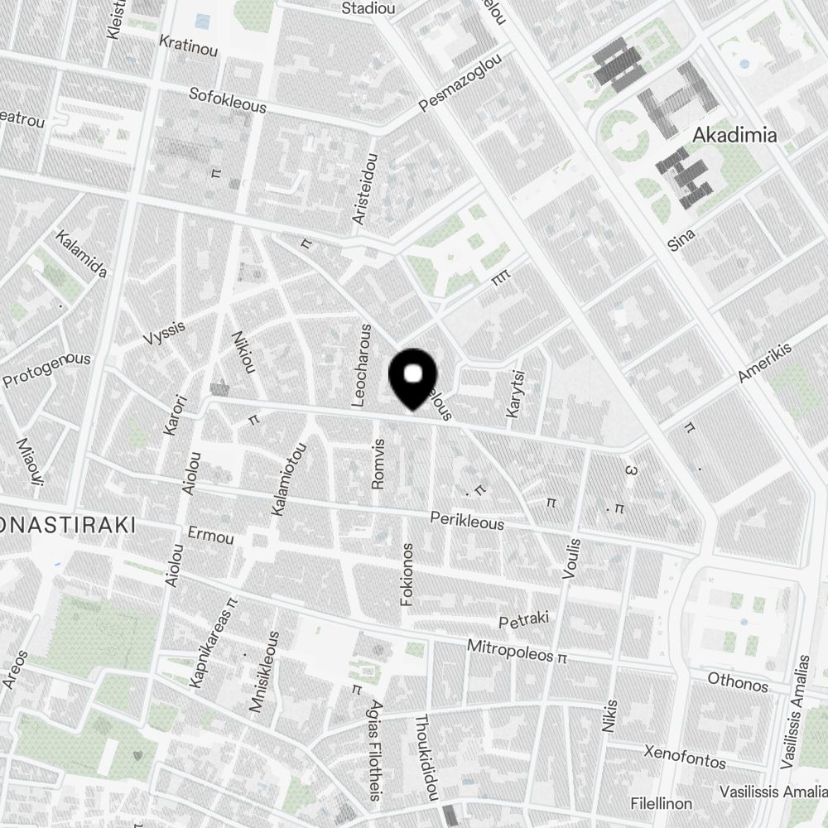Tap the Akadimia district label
point(734,135)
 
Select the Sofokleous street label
point(228,100)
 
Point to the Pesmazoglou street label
point(460,84)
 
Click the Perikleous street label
point(467,520)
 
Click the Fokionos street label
point(407,574)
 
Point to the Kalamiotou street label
point(288,479)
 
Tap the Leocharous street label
point(362,364)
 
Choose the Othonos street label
point(738,682)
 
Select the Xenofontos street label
point(685,756)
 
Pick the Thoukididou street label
point(426,758)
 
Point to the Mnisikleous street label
point(265,672)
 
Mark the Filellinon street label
point(661,804)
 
